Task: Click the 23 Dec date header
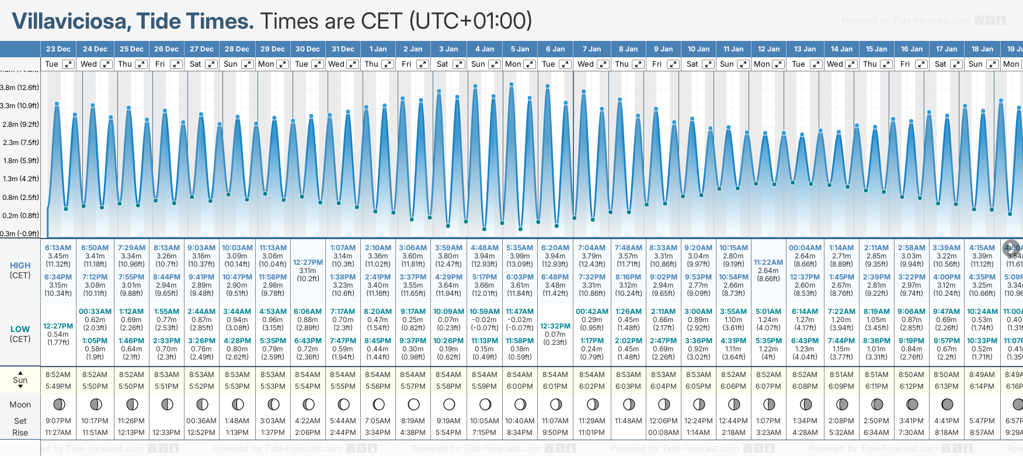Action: [58, 49]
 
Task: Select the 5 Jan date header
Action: [520, 49]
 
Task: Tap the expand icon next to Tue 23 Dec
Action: [68, 64]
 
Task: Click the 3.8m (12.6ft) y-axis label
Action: [19, 88]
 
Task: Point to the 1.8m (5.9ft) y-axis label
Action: [19, 161]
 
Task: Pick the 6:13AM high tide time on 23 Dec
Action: [58, 248]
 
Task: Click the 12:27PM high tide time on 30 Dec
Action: [308, 262]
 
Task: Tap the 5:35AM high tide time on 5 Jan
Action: [520, 248]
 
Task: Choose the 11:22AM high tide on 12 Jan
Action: [768, 262]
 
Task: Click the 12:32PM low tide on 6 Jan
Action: [555, 326]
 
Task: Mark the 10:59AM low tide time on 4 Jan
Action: [485, 312]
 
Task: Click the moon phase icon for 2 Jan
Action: [414, 404]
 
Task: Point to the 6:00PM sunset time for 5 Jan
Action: [520, 386]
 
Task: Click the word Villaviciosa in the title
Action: [70, 22]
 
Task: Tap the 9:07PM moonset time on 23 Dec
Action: [58, 421]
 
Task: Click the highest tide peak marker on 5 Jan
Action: [511, 85]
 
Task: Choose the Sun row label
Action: [20, 380]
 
